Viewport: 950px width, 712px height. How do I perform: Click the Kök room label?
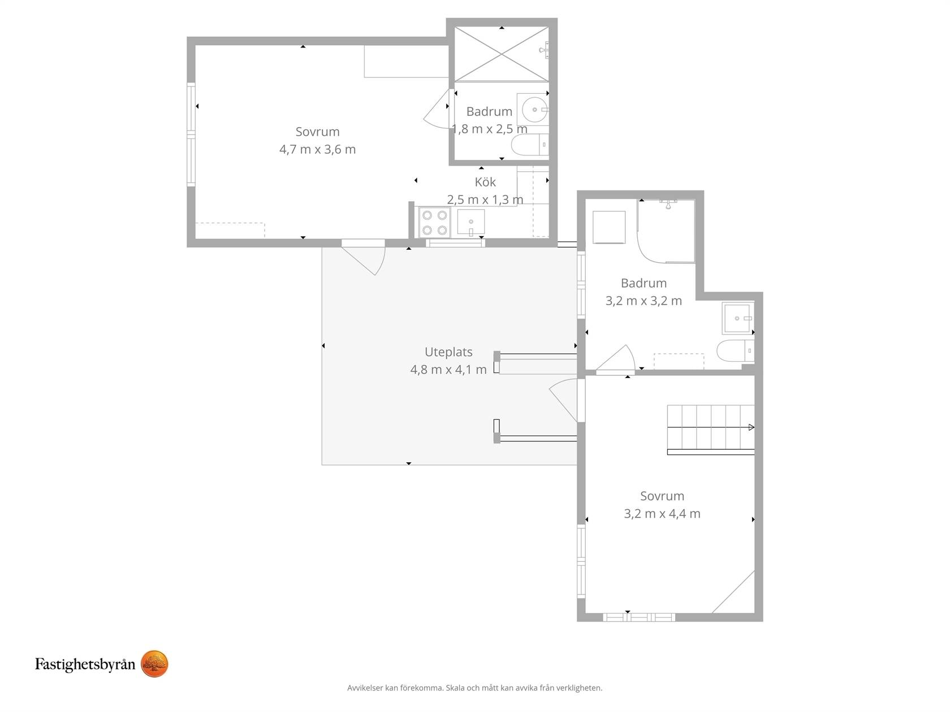pyautogui.click(x=485, y=182)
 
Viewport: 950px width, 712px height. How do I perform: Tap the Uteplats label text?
pyautogui.click(x=448, y=352)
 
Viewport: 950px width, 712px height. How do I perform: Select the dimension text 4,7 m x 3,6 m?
pyautogui.click(x=317, y=150)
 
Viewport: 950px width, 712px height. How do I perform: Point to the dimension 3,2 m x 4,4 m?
pyautogui.click(x=662, y=514)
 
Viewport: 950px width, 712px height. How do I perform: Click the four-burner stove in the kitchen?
pyautogui.click(x=434, y=223)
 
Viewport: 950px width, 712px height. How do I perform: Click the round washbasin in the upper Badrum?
pyautogui.click(x=534, y=110)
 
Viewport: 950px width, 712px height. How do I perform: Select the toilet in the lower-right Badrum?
pyautogui.click(x=735, y=350)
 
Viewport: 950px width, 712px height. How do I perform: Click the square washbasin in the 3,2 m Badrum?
pyautogui.click(x=738, y=319)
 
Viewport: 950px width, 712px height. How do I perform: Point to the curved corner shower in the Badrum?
pyautogui.click(x=666, y=231)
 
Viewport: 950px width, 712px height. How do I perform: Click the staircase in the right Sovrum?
pyautogui.click(x=711, y=429)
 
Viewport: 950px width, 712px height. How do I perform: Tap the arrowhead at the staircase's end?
pyautogui.click(x=752, y=428)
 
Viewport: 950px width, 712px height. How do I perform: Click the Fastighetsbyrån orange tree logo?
pyautogui.click(x=154, y=663)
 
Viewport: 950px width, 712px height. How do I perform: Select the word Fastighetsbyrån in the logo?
pyautogui.click(x=85, y=665)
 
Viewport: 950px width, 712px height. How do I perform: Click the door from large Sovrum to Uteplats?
pyautogui.click(x=363, y=258)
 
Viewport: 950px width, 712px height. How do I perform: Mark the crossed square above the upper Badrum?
pyautogui.click(x=502, y=54)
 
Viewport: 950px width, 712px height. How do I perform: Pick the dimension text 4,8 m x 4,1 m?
pyautogui.click(x=448, y=370)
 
